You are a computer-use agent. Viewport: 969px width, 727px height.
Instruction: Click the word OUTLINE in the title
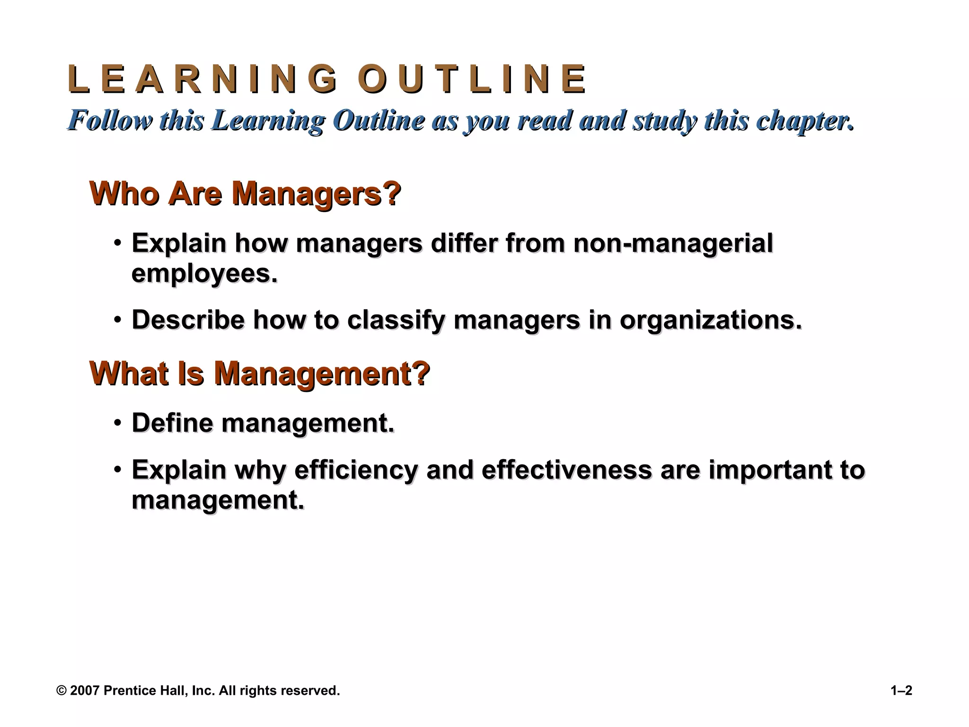click(472, 80)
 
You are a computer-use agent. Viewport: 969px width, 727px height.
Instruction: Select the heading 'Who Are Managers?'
click(245, 194)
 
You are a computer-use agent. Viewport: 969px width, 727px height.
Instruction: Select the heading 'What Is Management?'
click(259, 373)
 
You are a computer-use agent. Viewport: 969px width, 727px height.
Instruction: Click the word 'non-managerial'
click(673, 243)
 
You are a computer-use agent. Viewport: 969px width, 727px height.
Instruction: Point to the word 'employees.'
click(204, 274)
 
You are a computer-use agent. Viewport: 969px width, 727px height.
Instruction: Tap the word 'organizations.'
click(711, 320)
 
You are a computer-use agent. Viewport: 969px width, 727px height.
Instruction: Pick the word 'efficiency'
click(356, 470)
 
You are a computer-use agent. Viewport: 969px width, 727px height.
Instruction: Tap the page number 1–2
click(901, 691)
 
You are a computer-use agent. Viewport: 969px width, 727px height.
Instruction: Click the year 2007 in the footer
click(85, 691)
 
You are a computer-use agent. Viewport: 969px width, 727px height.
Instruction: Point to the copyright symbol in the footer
click(62, 691)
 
